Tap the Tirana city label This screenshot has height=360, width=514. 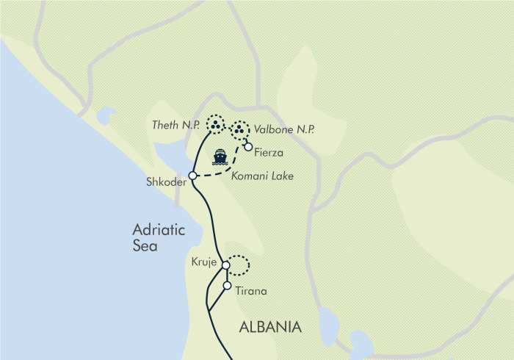250,292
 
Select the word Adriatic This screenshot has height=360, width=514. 157,230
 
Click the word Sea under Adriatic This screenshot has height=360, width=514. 145,247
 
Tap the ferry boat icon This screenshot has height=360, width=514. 220,156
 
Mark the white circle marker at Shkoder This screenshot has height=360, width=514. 192,176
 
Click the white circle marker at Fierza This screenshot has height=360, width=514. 248,147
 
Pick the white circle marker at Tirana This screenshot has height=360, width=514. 227,286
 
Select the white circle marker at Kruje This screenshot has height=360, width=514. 226,266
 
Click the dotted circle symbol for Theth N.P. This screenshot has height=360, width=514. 215,125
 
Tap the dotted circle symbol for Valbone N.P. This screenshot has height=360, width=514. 239,132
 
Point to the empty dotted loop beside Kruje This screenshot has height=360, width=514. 239,264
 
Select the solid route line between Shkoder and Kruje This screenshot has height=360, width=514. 211,220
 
